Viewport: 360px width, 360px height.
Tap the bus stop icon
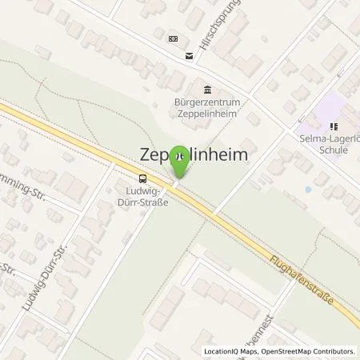point(142,178)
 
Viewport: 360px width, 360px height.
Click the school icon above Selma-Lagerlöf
point(331,126)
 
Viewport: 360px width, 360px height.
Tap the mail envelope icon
point(189,55)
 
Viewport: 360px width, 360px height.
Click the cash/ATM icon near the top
point(172,38)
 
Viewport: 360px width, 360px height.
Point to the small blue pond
point(308,190)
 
